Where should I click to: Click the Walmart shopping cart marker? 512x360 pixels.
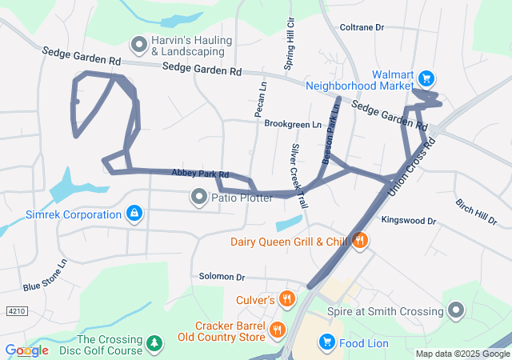pyautogui.click(x=427, y=78)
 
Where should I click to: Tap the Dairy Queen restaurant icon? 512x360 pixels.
pyautogui.click(x=360, y=240)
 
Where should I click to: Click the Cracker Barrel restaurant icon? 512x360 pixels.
pyautogui.click(x=278, y=329)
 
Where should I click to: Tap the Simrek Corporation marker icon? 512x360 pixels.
pyautogui.click(x=134, y=214)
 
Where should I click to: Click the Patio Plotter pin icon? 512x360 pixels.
pyautogui.click(x=198, y=195)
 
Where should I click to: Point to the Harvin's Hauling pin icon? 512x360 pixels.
pyautogui.click(x=139, y=45)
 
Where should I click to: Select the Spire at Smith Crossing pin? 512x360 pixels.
pyautogui.click(x=457, y=310)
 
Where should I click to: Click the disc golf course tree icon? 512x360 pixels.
pyautogui.click(x=154, y=343)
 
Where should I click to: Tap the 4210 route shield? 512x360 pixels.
pyautogui.click(x=15, y=310)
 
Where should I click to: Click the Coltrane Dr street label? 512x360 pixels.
pyautogui.click(x=362, y=27)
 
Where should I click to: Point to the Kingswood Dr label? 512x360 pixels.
pyautogui.click(x=409, y=220)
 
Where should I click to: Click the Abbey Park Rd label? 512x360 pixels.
pyautogui.click(x=200, y=173)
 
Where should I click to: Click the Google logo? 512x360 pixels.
pyautogui.click(x=26, y=350)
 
